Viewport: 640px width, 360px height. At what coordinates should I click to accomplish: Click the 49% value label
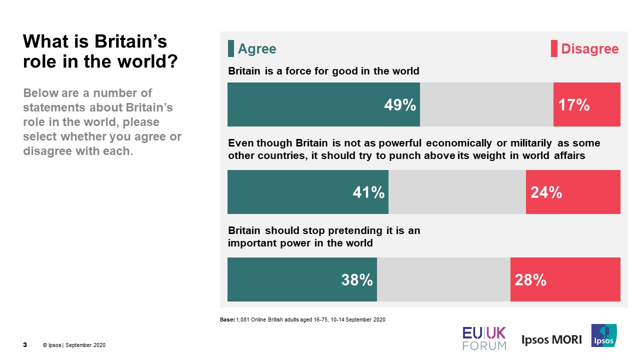399,105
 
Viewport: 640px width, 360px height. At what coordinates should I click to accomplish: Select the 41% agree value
368,192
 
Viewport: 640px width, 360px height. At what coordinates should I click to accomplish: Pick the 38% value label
357,280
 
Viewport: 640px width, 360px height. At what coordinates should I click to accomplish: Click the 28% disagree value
530,280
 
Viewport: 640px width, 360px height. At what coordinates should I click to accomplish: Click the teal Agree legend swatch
231,49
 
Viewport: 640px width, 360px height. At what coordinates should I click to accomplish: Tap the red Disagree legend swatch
554,49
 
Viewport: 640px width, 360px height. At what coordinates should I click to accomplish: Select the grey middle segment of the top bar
486,104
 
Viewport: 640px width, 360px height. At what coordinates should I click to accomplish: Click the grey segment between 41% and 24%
457,192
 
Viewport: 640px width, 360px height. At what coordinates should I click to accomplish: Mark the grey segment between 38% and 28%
443,279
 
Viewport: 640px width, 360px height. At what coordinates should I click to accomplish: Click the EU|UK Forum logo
484,338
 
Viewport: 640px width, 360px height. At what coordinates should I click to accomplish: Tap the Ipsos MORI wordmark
551,339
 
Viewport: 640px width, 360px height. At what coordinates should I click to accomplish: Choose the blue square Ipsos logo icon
604,335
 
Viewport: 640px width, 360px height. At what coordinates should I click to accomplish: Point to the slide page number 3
25,345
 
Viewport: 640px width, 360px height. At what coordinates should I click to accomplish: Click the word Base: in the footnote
227,319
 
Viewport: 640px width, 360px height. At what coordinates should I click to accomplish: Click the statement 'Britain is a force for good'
323,71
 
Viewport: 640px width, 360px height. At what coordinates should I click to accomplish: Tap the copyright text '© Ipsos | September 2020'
74,345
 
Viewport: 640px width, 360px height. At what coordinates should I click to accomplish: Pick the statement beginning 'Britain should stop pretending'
324,237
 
